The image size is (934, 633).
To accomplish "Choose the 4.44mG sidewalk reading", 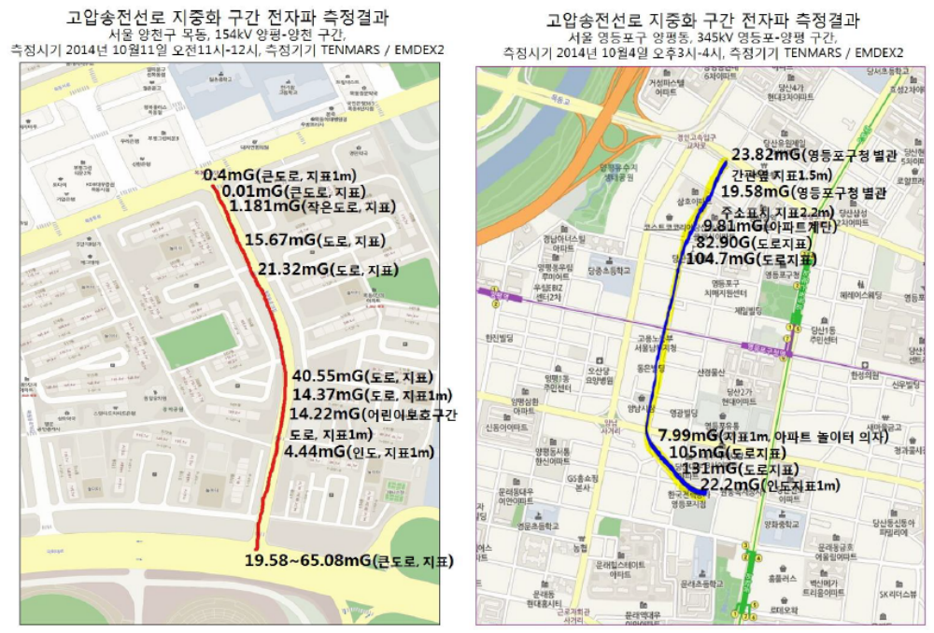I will tap(322, 452).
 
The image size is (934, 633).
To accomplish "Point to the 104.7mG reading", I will tap(721, 259).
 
